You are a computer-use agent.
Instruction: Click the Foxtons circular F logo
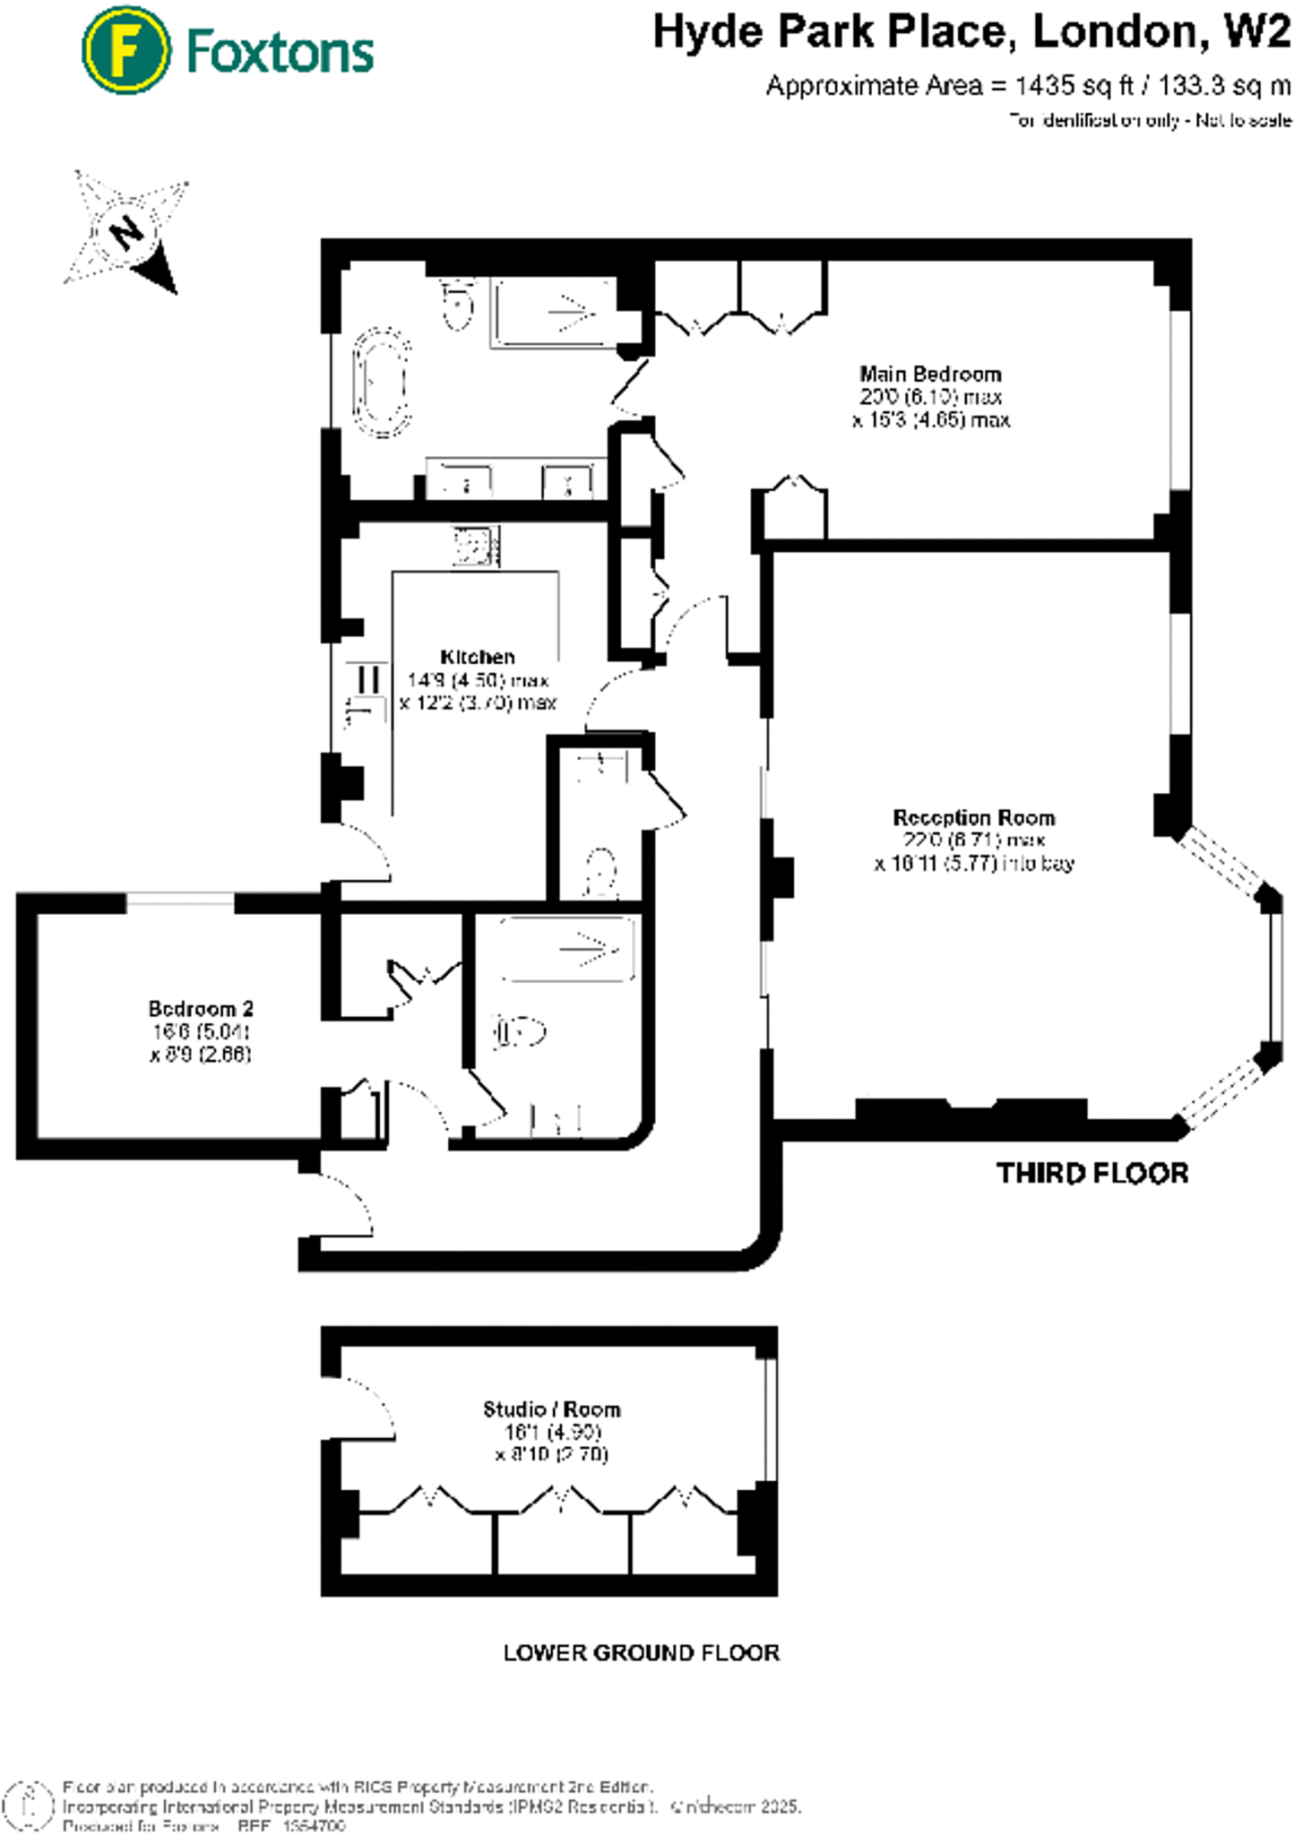pos(125,50)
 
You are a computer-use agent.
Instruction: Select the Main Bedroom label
pos(930,374)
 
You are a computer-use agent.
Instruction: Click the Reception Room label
pos(974,817)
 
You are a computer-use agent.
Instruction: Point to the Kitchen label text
pos(478,657)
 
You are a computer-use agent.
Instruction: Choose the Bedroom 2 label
pos(201,1008)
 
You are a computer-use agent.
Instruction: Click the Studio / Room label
pos(552,1409)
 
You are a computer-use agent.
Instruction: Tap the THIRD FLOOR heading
pos(1092,1174)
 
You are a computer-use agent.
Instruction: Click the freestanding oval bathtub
pos(383,382)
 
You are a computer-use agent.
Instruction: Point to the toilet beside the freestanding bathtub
pos(458,306)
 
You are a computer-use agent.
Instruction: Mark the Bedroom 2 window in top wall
pos(180,902)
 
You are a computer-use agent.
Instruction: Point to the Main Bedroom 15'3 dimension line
pos(930,420)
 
